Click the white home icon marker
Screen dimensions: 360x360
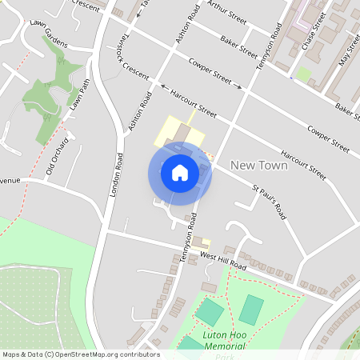coord(180,173)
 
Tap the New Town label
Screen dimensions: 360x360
coord(258,165)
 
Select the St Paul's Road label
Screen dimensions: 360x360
coord(269,203)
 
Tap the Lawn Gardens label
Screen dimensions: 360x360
coord(46,46)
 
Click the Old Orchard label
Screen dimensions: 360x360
coord(57,156)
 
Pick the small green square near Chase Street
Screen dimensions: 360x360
coord(303,74)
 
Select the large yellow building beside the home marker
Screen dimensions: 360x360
coord(178,130)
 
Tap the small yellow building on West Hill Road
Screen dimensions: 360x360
coord(203,243)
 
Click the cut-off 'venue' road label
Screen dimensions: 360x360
coord(9,181)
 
